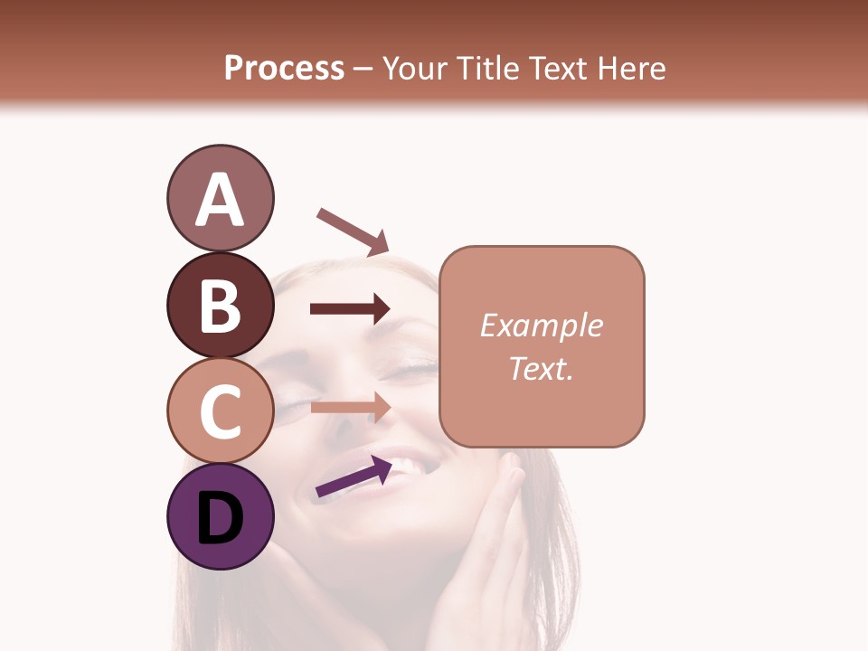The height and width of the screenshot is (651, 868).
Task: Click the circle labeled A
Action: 220,198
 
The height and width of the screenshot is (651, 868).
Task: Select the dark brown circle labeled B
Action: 220,305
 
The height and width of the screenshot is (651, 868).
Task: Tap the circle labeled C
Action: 220,411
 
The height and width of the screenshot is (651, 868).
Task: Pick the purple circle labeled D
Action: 220,517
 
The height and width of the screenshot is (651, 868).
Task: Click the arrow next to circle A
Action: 353,231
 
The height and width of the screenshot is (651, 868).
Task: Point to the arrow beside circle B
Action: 350,309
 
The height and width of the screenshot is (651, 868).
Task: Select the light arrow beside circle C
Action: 350,408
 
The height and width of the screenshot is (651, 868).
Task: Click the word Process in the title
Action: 284,69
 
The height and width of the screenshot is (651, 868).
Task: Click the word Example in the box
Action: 541,325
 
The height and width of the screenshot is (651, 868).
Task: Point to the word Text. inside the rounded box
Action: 541,368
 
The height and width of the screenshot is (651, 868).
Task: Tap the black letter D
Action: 220,519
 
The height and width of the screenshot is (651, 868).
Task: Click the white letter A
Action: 220,200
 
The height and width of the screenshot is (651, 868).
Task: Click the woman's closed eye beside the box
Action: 413,368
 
